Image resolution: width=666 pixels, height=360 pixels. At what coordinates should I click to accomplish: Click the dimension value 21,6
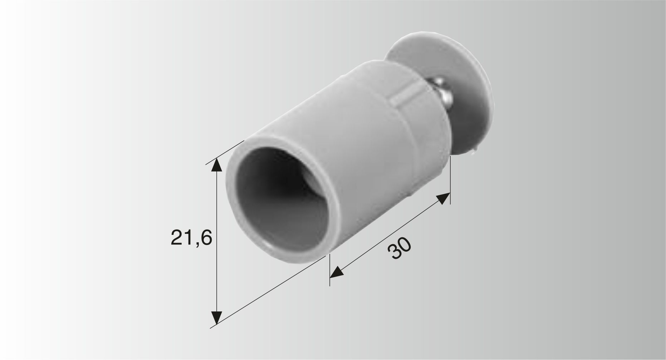point(191,238)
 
